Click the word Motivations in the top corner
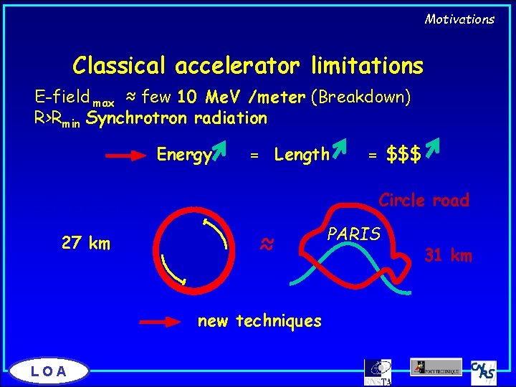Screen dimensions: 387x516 tap(459, 19)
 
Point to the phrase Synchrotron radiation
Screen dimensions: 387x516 tap(176, 118)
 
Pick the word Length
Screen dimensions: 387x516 tap(302, 154)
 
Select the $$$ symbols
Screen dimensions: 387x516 tap(403, 153)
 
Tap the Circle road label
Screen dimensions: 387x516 tap(424, 200)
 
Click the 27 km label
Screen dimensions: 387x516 tap(86, 243)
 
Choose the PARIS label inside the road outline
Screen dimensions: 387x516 tap(354, 234)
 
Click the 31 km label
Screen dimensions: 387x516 tap(448, 254)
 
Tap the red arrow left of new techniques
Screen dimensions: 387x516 tap(164, 322)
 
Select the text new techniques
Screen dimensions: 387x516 tap(259, 321)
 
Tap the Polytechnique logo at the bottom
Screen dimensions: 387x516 tap(436, 367)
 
